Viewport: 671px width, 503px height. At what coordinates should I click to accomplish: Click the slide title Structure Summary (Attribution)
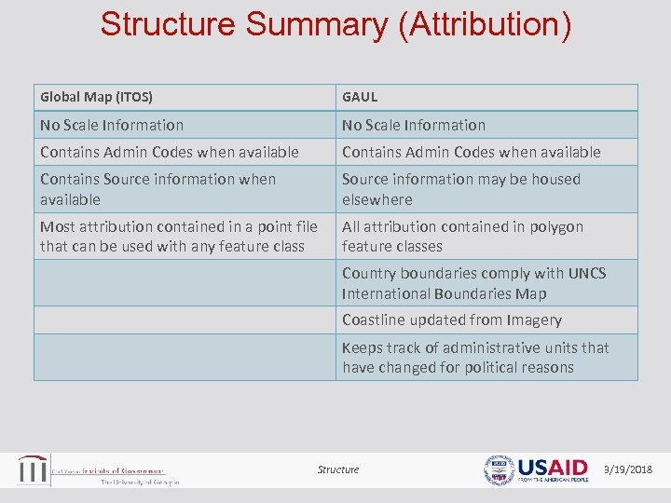click(x=335, y=25)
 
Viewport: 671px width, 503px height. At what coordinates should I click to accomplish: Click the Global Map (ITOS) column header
click(x=96, y=97)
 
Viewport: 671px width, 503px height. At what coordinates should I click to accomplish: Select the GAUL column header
click(x=360, y=97)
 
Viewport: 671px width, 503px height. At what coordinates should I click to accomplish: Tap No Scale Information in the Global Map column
click(x=112, y=125)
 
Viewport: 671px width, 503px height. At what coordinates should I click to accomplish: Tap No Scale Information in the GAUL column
click(x=414, y=125)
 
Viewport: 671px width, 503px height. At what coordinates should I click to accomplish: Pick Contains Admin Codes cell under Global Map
click(x=169, y=152)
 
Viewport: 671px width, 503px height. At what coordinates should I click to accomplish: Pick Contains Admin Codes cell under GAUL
click(x=471, y=152)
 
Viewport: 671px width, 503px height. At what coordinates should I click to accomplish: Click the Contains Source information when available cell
click(x=157, y=189)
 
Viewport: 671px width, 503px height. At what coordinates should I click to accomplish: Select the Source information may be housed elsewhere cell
click(x=460, y=189)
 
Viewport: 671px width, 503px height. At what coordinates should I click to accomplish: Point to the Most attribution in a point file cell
click(x=178, y=237)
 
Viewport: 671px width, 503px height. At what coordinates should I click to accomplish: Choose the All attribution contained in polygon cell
click(x=462, y=237)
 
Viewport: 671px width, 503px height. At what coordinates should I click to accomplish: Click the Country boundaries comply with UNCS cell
click(x=473, y=283)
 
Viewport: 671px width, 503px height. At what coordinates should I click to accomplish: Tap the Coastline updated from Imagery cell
click(x=451, y=320)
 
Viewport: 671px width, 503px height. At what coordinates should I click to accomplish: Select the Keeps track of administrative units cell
click(x=475, y=358)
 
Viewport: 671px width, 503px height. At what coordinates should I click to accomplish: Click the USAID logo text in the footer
click(x=553, y=468)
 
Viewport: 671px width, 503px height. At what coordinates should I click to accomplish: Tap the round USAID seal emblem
click(x=499, y=470)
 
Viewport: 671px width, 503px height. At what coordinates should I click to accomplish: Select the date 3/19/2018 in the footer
click(x=628, y=469)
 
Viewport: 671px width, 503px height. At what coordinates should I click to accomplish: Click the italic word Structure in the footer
click(x=337, y=469)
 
